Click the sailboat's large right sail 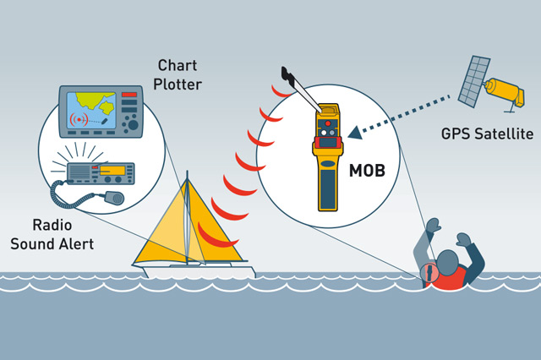(211, 227)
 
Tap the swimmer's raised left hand (434, 226)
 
